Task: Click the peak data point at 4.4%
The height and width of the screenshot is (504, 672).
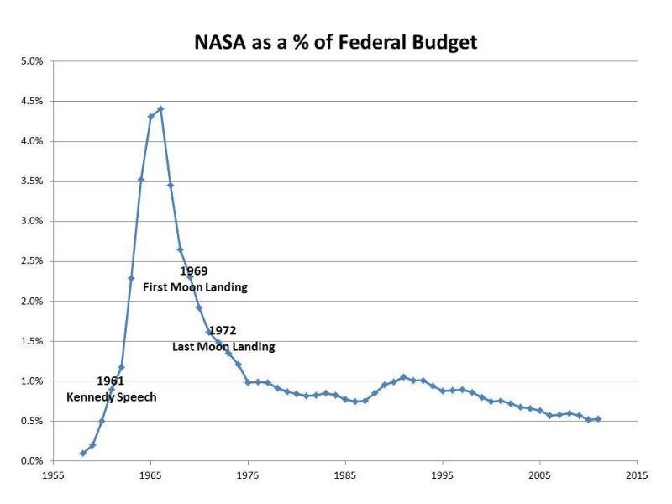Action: coord(160,108)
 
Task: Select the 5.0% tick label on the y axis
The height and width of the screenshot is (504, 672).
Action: coord(31,61)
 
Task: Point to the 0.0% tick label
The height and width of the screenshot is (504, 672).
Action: coord(31,461)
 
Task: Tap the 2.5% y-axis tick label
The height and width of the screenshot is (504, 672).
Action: coord(31,261)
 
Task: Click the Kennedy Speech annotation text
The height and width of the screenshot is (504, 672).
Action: coord(112,397)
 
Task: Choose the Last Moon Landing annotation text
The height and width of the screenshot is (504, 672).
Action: coord(223,346)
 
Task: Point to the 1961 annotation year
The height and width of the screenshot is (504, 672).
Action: coord(110,381)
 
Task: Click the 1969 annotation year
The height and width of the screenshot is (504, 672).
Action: coord(193,271)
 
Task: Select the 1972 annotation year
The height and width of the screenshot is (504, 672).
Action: coord(222,331)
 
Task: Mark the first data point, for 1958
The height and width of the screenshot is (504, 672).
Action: coord(82,454)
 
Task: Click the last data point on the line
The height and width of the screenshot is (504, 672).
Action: coord(598,419)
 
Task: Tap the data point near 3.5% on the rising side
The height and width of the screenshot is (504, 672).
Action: coord(141,180)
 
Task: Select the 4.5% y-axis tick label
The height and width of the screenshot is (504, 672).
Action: coord(31,102)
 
